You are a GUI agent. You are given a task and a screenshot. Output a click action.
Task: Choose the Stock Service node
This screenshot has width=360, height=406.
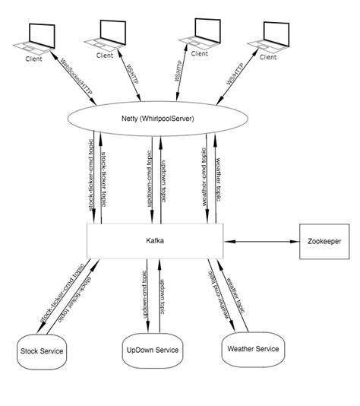pos(40,351)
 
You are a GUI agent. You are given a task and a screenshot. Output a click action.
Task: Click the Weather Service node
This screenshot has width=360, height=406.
pos(253,349)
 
